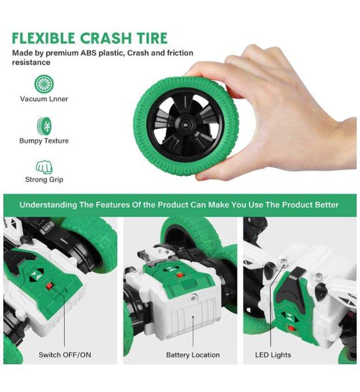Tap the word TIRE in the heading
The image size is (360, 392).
152,39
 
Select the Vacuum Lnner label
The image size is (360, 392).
44,99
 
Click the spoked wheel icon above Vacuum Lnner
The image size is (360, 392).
44,84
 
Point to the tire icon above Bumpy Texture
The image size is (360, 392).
44,126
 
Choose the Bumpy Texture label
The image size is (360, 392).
44,141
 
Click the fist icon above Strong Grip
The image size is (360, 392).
44,167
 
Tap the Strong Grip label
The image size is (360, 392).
44,180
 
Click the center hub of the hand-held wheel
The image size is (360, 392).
186,123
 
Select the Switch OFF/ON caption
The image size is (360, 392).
65,355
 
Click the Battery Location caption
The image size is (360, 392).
193,355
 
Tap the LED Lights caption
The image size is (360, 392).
273,355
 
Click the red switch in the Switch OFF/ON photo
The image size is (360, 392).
50,286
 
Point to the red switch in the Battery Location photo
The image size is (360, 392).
179,275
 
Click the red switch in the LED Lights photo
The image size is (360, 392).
291,328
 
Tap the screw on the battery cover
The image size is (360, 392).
193,297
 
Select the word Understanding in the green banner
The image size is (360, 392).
48,205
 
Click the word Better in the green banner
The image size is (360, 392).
327,204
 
